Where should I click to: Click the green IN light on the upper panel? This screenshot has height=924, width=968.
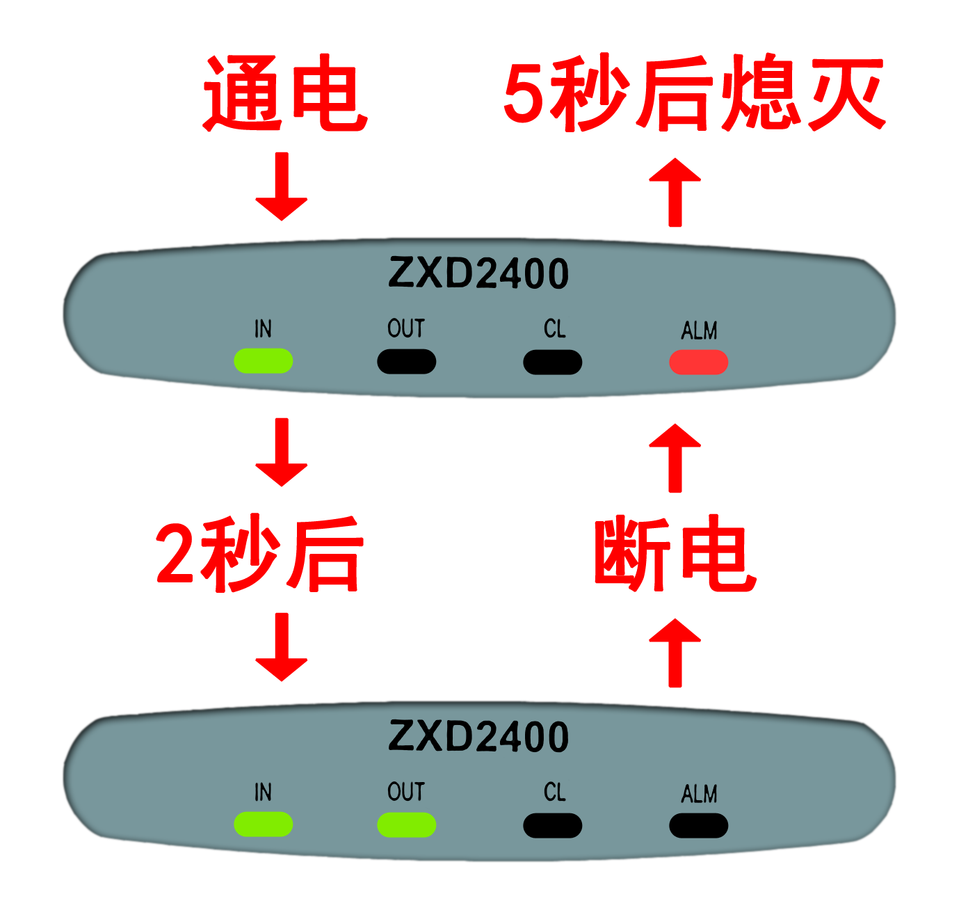tap(264, 361)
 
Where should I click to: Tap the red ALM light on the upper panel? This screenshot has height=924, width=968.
tap(698, 363)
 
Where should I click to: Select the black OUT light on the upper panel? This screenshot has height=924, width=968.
tap(406, 362)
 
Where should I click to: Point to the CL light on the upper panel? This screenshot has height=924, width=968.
tap(552, 363)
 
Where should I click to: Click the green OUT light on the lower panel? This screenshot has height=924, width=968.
tap(406, 825)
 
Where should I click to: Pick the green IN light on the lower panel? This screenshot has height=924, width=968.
tap(264, 825)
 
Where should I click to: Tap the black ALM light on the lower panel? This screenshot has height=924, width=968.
tap(698, 826)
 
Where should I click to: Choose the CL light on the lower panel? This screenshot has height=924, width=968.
tap(552, 826)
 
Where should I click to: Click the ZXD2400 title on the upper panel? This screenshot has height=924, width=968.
tap(478, 273)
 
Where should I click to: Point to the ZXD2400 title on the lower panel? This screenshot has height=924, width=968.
tap(478, 737)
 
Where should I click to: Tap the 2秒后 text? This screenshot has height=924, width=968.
tap(257, 555)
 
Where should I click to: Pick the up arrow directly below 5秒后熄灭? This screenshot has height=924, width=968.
tap(675, 189)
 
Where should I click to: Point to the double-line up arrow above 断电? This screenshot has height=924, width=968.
tap(675, 458)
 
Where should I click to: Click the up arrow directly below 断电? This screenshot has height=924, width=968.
tap(675, 651)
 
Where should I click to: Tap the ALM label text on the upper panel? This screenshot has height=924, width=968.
tap(699, 330)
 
